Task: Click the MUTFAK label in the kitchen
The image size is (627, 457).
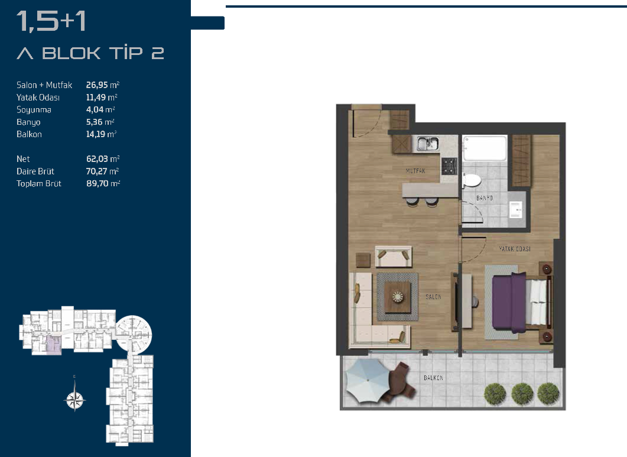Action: click(x=415, y=171)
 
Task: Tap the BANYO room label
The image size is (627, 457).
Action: click(x=484, y=198)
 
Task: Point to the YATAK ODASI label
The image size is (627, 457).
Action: click(x=515, y=249)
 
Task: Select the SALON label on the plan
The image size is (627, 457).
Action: click(x=433, y=297)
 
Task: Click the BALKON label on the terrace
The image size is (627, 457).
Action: click(x=433, y=378)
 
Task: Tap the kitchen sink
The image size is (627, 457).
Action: click(x=428, y=144)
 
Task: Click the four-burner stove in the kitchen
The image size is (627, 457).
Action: click(x=449, y=166)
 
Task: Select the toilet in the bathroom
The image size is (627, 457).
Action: click(x=471, y=180)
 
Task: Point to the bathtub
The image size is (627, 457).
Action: click(x=485, y=148)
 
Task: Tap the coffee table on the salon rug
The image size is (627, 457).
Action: click(x=398, y=297)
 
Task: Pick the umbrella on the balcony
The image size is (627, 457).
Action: click(x=366, y=381)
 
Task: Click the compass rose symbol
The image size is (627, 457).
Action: click(x=75, y=399)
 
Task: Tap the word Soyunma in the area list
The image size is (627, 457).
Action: click(x=34, y=109)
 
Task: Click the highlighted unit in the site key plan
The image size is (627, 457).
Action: click(x=54, y=346)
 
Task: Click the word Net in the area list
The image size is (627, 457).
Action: click(x=23, y=159)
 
